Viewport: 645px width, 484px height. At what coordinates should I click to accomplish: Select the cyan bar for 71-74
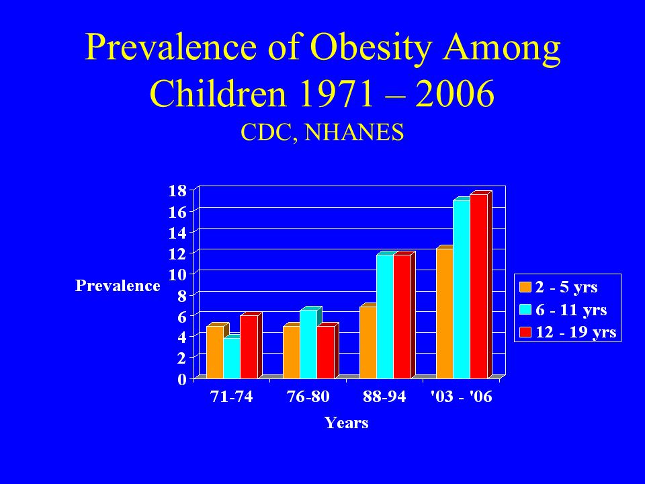(x=232, y=358)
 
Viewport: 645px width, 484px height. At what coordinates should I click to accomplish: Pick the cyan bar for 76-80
(x=308, y=344)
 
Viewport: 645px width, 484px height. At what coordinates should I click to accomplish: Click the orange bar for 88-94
(x=368, y=342)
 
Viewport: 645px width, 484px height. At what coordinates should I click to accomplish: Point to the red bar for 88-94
(x=402, y=316)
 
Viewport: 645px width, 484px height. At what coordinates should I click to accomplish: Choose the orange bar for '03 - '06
(x=445, y=313)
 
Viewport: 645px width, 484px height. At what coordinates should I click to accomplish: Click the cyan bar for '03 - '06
(x=462, y=289)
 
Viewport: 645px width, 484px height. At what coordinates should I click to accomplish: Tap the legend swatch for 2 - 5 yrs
(x=525, y=287)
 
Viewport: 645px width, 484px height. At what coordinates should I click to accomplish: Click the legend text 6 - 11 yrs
(x=571, y=309)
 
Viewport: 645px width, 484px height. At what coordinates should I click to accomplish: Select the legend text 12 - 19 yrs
(x=576, y=331)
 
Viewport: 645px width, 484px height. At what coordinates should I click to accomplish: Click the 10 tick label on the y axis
(x=177, y=274)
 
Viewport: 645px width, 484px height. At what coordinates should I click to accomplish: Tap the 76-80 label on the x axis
(x=308, y=397)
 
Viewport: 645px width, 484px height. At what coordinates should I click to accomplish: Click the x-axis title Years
(x=347, y=423)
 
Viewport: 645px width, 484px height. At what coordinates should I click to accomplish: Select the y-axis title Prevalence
(x=118, y=286)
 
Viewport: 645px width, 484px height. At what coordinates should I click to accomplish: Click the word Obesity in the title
(x=371, y=48)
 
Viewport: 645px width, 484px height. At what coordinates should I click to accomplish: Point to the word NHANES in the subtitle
(x=354, y=132)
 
